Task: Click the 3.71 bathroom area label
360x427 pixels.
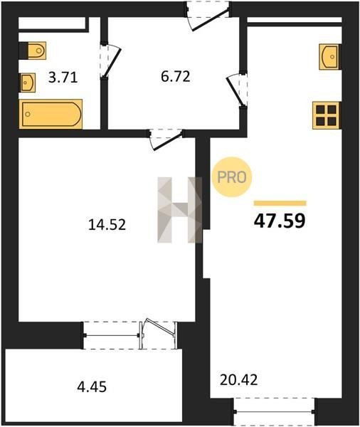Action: tap(63, 78)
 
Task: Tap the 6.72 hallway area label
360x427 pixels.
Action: tap(175, 77)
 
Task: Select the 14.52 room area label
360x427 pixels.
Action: tap(107, 225)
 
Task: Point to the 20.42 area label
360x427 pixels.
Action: tap(238, 380)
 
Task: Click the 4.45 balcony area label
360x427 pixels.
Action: tap(92, 386)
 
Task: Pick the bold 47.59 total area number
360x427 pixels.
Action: tap(280, 221)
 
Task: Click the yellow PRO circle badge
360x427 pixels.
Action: tap(232, 177)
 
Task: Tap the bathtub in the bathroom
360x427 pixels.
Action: tap(51, 114)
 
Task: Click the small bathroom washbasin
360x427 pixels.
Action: tap(27, 83)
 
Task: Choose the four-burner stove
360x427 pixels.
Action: tap(327, 115)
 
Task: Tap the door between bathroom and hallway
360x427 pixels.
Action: tap(110, 60)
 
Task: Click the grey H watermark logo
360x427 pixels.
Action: tap(180, 210)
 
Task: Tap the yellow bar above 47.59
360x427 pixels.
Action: tap(280, 203)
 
